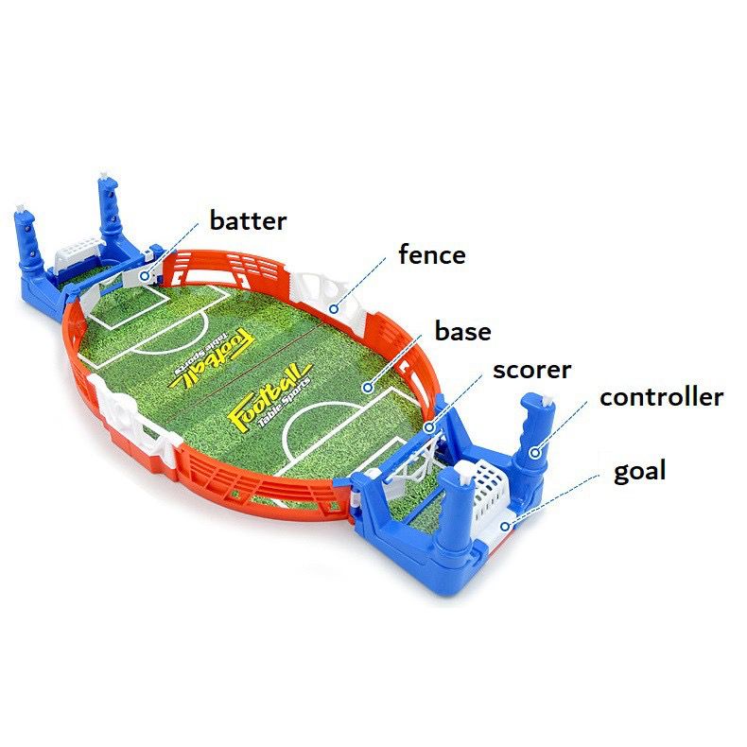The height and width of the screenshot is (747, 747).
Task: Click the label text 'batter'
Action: (x=248, y=221)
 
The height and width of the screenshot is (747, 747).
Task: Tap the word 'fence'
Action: (x=432, y=254)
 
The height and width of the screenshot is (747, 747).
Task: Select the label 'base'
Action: (x=463, y=331)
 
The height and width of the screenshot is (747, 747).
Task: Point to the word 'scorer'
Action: (x=531, y=370)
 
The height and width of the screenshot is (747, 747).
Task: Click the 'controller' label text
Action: (x=662, y=397)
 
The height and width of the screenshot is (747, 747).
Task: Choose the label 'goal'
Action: (x=639, y=472)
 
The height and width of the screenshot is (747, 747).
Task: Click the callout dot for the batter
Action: (x=145, y=275)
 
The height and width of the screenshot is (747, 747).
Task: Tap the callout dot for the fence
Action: (x=335, y=309)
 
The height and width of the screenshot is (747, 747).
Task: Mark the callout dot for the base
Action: (x=367, y=388)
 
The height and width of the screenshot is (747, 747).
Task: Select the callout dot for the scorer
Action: (x=429, y=427)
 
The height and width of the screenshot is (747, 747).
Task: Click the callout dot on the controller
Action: (x=535, y=453)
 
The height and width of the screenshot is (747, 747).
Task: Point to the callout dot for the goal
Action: (x=505, y=527)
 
